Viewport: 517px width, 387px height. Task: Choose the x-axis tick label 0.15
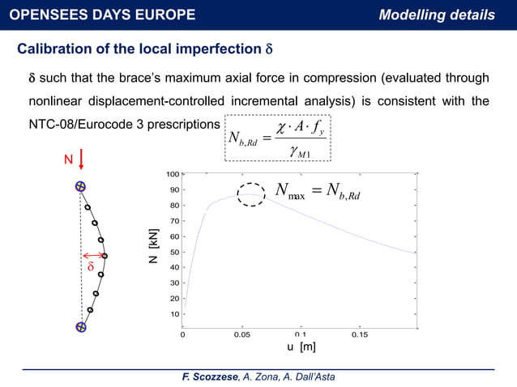359,334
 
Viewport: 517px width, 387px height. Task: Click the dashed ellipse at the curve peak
252,194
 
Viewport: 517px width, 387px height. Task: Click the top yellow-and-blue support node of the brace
80,187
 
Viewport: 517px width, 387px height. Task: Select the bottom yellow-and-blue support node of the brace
80,327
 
